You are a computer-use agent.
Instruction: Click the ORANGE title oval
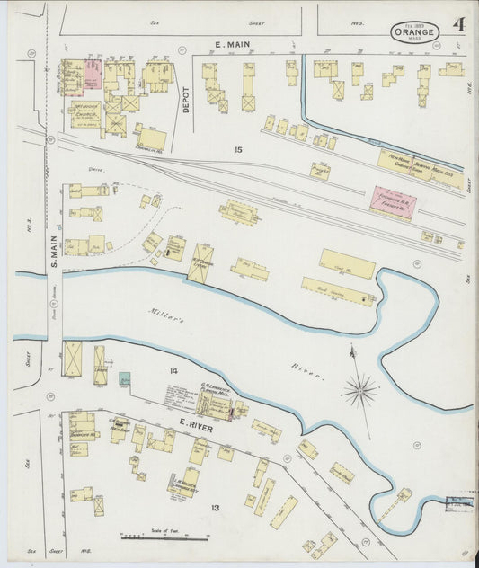point(414,31)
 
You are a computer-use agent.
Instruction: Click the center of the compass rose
point(360,389)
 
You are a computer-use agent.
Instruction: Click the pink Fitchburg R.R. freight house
point(394,201)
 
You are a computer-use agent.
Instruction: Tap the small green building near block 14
point(124,378)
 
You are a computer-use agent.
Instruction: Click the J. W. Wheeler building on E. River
point(184,485)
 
